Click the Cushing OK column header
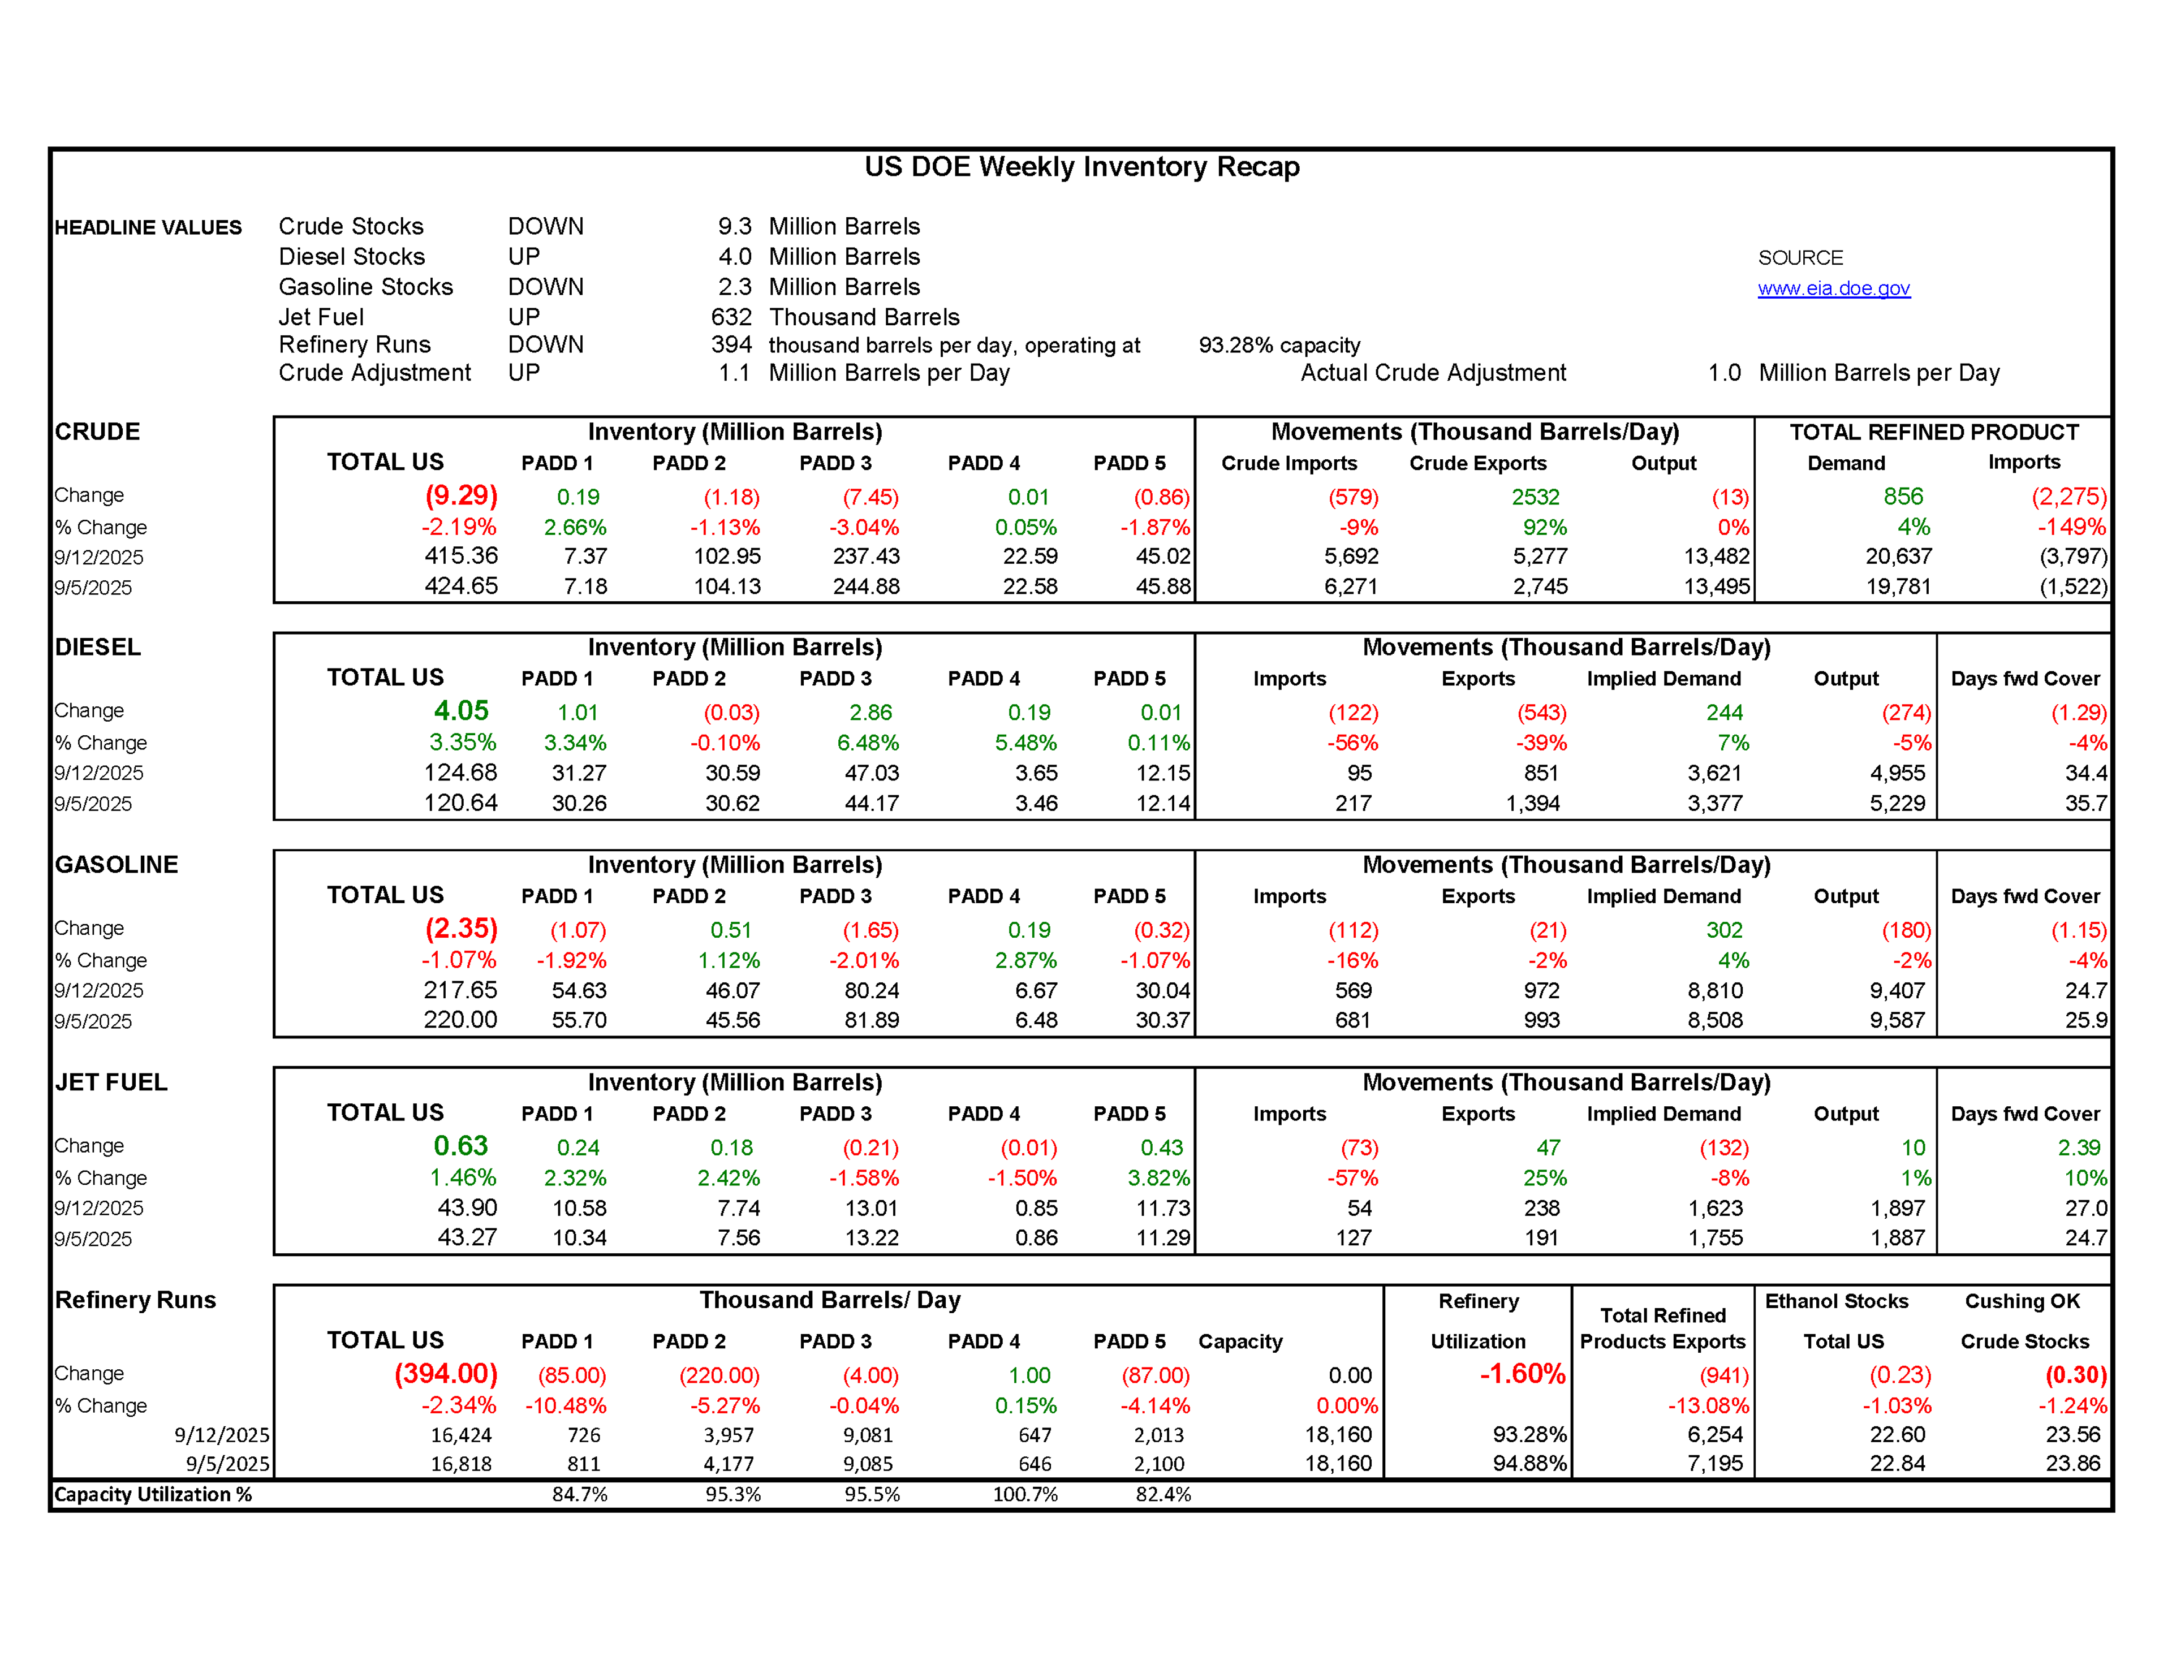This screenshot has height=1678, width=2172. tap(2022, 1301)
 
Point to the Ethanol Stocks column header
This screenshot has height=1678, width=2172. tap(1836, 1301)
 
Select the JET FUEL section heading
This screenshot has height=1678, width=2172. tap(111, 1082)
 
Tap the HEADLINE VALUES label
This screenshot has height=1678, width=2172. tap(148, 228)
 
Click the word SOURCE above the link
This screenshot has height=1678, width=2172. tap(1800, 258)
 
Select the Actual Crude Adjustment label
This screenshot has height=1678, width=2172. tap(1433, 373)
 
